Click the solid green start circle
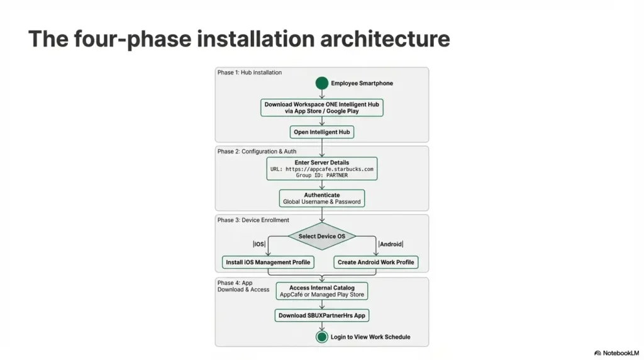pos(321,83)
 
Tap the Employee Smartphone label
pos(362,83)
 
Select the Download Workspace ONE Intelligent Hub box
pos(321,108)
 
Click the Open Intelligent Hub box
pos(321,132)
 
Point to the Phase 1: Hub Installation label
pos(249,72)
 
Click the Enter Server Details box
pos(321,169)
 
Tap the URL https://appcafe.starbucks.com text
pos(321,169)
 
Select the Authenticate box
pos(321,198)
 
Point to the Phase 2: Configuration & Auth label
pos(257,151)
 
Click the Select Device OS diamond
pos(321,236)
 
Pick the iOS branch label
pos(259,244)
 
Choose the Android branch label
pos(391,244)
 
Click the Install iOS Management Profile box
pos(268,262)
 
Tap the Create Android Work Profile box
pos(376,262)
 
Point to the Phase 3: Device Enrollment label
pos(253,220)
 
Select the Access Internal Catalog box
pos(321,291)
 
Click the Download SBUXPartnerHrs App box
pos(321,315)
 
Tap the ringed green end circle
pos(321,337)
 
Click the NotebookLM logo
pos(616,353)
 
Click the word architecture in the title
pos(385,38)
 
